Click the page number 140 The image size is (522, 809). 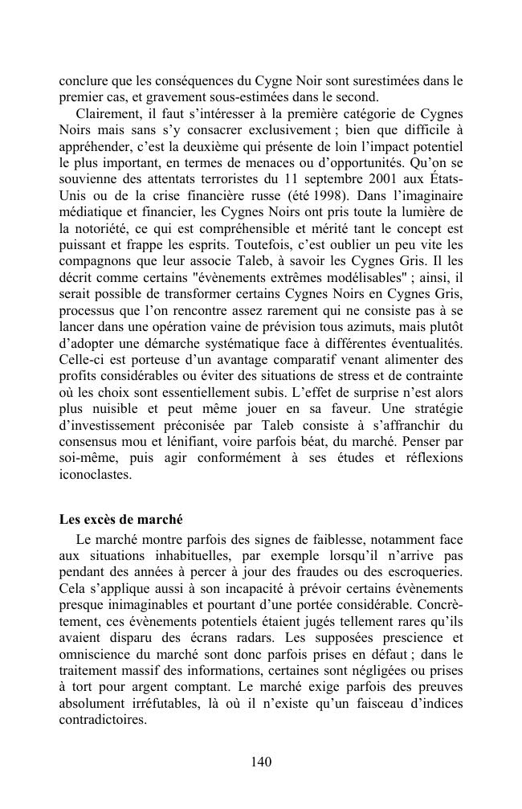click(261, 762)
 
